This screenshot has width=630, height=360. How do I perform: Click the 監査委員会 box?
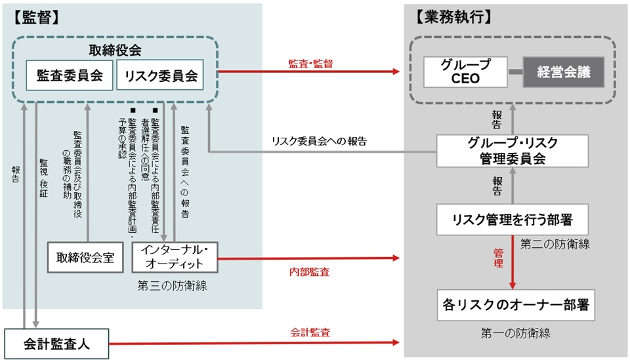(70, 75)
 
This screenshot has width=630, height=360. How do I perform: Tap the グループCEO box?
(465, 72)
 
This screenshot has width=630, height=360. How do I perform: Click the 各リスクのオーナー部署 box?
(515, 304)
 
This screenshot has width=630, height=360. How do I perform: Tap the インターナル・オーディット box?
(175, 257)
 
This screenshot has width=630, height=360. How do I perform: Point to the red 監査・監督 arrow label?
(310, 64)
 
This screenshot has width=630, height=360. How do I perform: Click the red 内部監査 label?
(309, 271)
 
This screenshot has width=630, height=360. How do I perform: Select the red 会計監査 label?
(310, 332)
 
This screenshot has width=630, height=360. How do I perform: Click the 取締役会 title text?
(115, 50)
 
